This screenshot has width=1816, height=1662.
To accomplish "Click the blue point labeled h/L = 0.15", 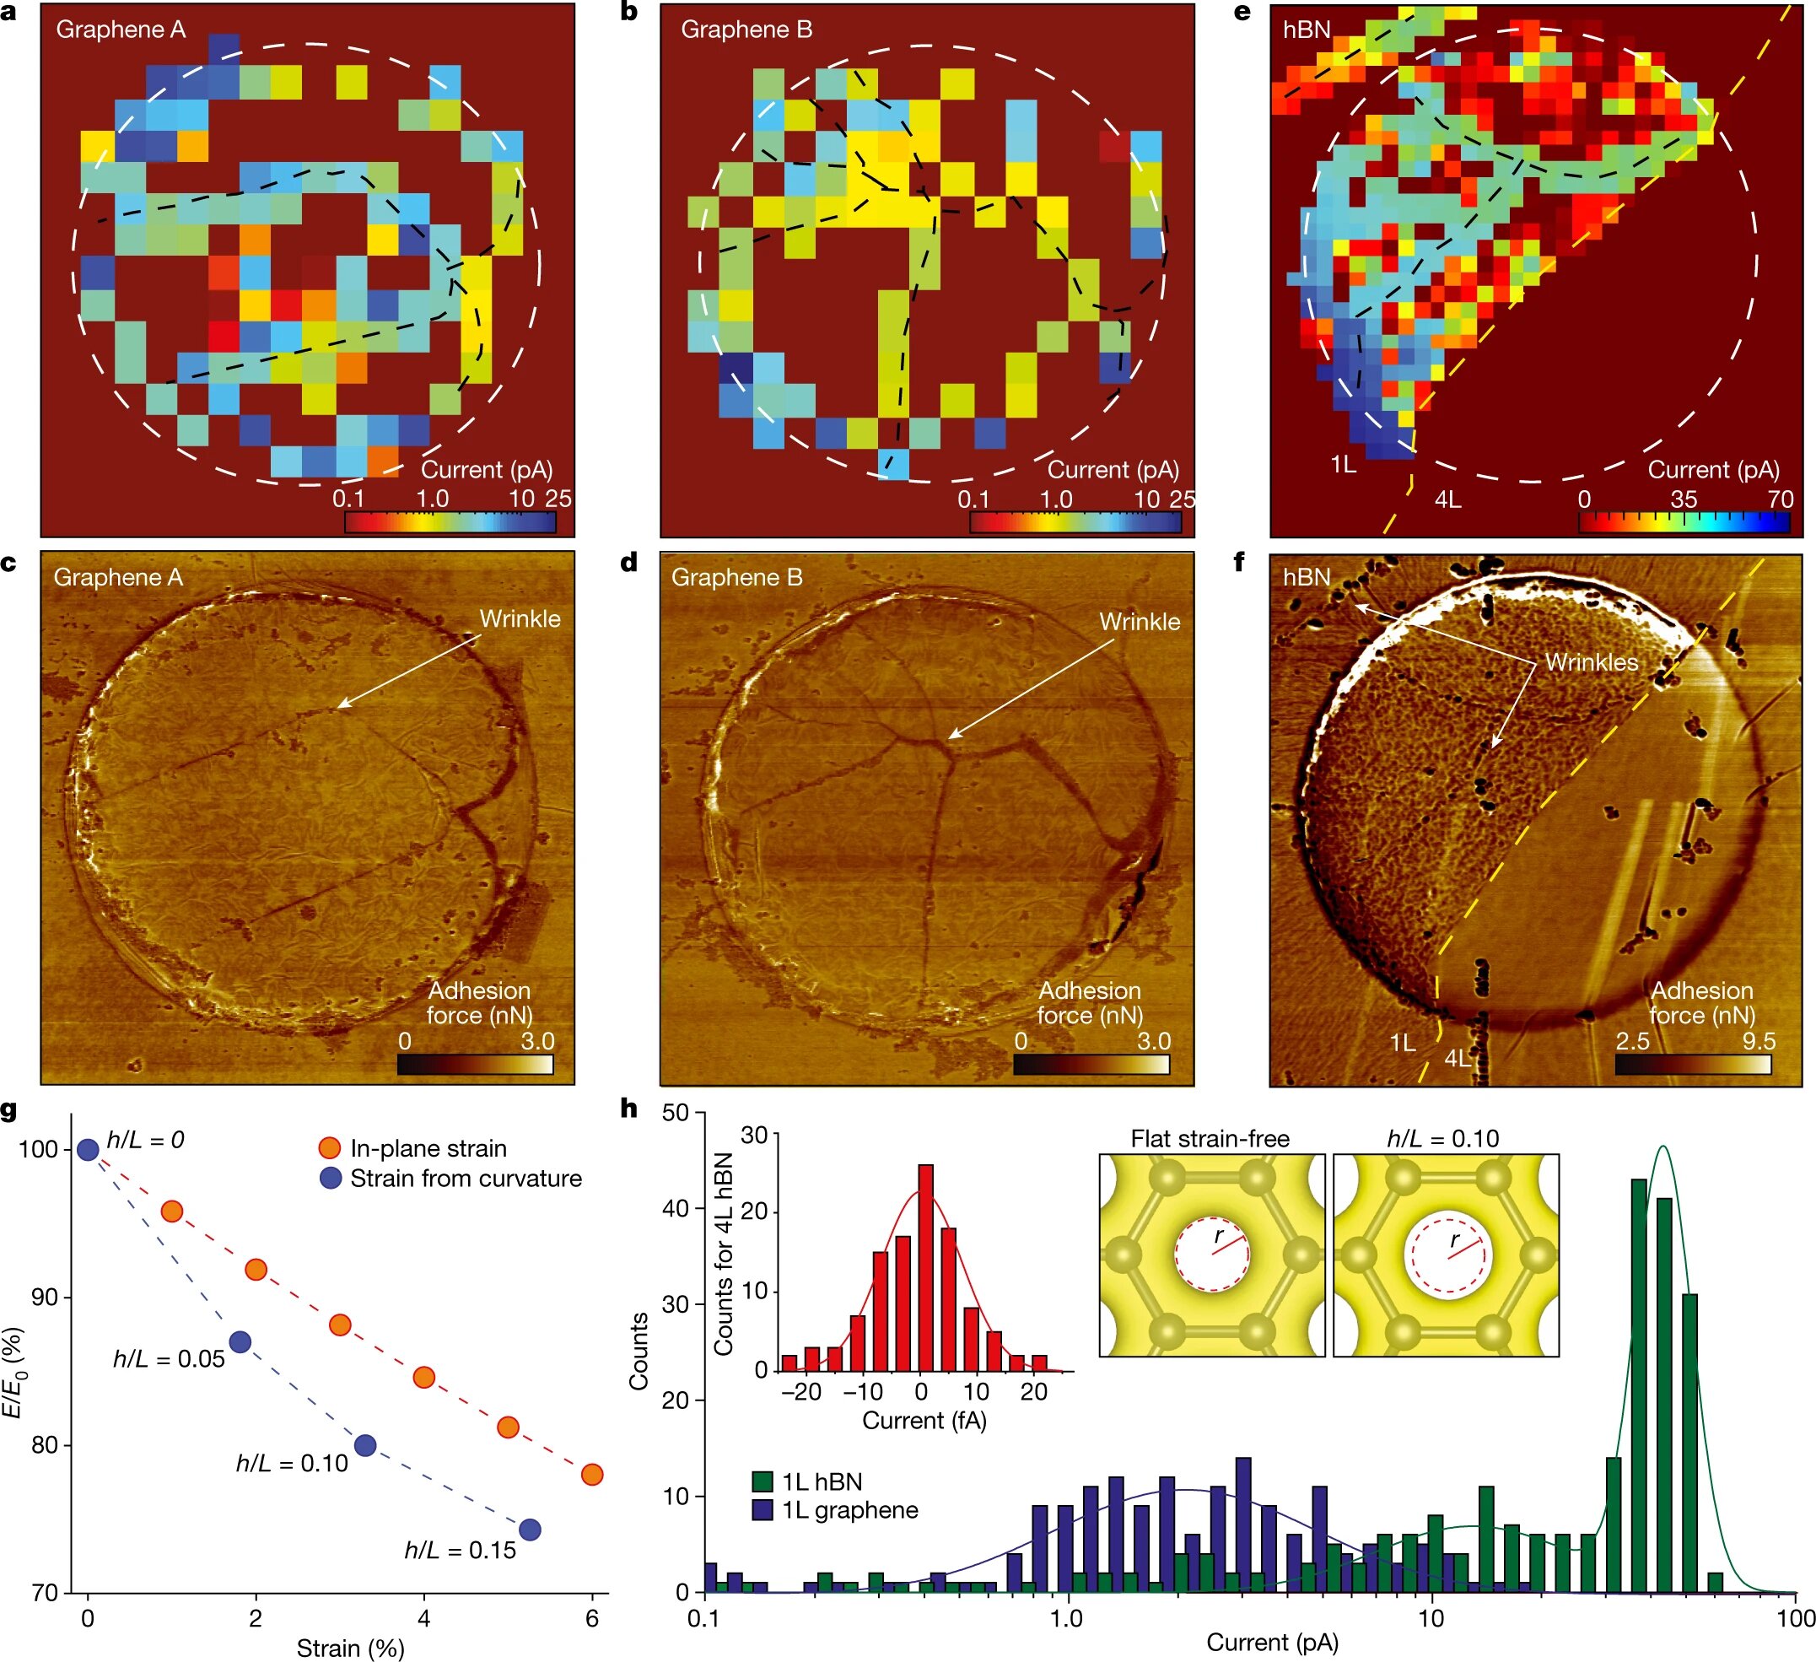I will pos(530,1530).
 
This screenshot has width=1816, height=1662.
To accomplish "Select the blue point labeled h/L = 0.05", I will pos(240,1342).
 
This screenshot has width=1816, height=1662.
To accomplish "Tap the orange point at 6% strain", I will pos(592,1475).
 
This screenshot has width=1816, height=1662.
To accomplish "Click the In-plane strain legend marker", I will pos(331,1147).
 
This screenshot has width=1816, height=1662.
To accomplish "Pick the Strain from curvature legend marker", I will pos(331,1178).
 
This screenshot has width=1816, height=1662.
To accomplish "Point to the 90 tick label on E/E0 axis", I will pos(44,1298).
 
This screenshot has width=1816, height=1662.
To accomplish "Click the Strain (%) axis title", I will pos(350,1649).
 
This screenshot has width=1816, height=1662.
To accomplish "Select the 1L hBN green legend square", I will pos(763,1481).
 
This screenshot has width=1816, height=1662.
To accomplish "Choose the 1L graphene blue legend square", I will pos(763,1510).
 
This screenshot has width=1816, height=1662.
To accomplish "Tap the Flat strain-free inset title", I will pos(1210,1139).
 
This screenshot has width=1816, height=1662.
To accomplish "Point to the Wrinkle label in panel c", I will pos(520,619).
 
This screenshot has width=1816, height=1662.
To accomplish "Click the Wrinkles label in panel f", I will pos(1592,662).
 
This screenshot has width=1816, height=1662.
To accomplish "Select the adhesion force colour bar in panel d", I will pos(1091,1064).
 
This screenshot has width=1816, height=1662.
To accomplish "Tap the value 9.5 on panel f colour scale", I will pos(1758,1041).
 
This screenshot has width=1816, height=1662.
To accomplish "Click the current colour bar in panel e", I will pos(1684,522).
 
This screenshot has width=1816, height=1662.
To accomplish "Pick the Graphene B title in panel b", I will pos(746,30).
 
